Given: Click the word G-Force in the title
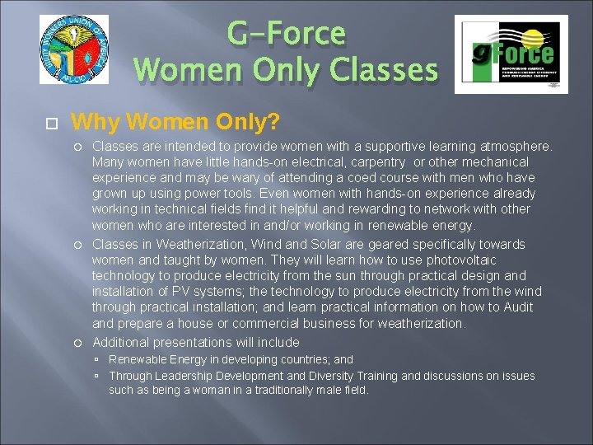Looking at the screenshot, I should pyautogui.click(x=286, y=34).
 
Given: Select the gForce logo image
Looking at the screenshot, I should pyautogui.click(x=510, y=57).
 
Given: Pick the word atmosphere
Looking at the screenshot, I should pyautogui.click(x=515, y=146).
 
